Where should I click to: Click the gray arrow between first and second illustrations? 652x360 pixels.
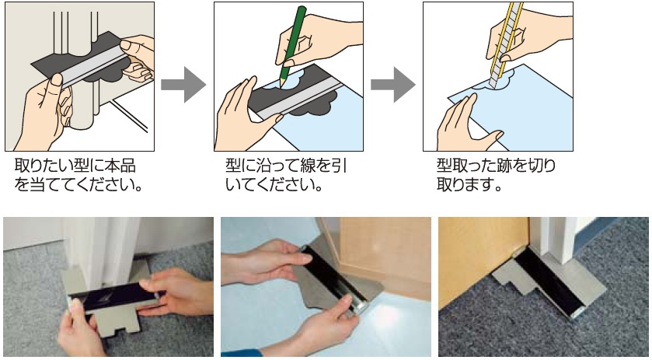coord(183,85)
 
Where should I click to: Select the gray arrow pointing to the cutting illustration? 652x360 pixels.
coord(393,85)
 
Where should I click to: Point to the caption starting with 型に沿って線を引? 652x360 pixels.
coord(286,175)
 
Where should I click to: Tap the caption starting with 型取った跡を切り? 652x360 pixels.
coord(496,175)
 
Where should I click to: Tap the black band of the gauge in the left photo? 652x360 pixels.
coord(112,297)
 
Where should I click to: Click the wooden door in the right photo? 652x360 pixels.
coord(483,258)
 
